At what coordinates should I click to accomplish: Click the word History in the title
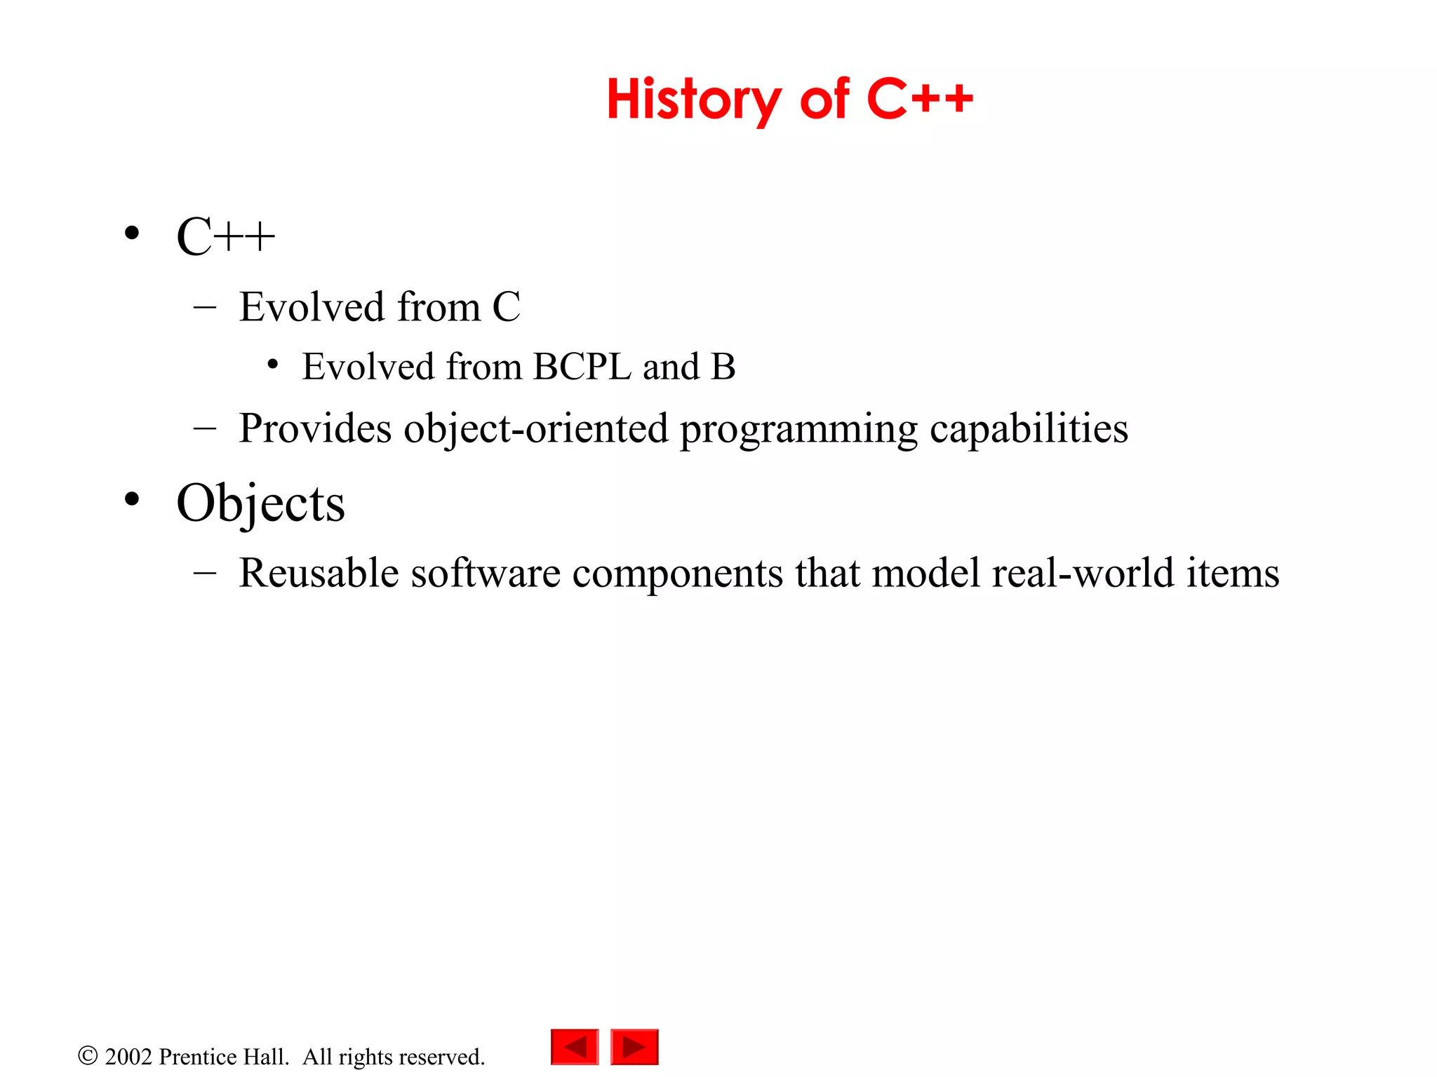tap(693, 100)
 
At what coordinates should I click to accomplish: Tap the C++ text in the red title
tap(920, 100)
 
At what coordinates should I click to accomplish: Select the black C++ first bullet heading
tap(225, 237)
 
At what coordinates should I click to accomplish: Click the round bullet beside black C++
tap(131, 233)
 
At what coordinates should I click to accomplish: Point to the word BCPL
tap(582, 367)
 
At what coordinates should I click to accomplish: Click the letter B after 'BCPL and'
tap(723, 367)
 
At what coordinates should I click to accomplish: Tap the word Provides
tap(315, 428)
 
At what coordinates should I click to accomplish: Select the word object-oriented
tap(535, 428)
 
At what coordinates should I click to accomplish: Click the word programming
tap(798, 430)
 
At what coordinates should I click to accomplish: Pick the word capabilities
tap(1029, 428)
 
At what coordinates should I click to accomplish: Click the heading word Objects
tap(260, 503)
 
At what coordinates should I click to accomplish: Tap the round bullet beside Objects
tap(131, 500)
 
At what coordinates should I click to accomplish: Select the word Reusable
tap(319, 573)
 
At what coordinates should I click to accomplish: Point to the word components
tap(677, 574)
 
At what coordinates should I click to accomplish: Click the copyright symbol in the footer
tap(88, 1056)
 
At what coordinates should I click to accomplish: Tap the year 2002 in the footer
tap(128, 1057)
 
